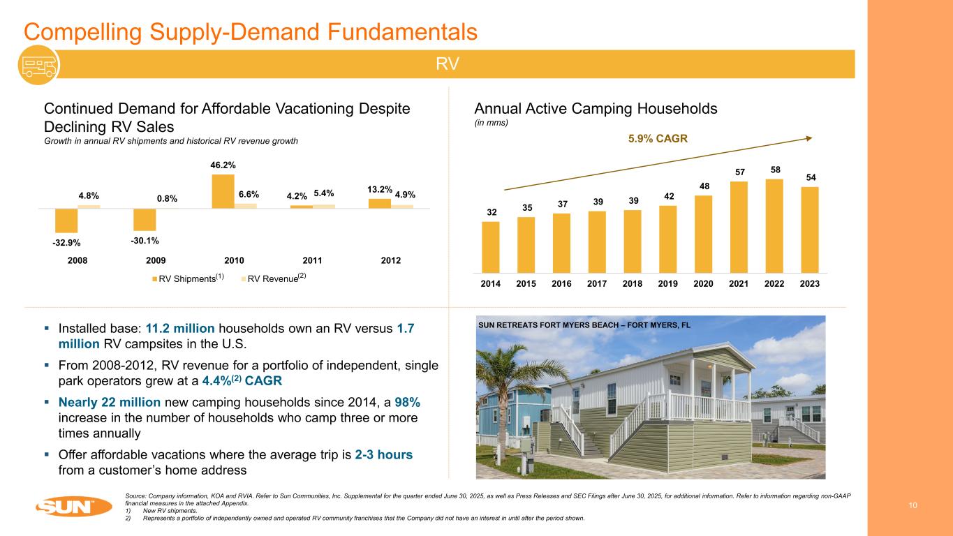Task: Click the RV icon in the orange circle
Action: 39,64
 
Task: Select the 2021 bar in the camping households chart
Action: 739,226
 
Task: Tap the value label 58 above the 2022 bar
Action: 774,170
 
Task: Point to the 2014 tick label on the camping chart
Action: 490,284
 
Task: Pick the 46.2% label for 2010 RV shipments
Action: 223,165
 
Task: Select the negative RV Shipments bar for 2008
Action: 66,220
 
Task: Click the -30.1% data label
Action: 145,241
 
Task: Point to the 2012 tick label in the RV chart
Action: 391,260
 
